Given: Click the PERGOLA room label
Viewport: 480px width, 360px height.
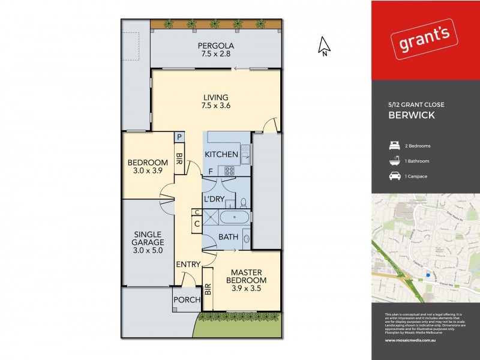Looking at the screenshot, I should (x=216, y=46).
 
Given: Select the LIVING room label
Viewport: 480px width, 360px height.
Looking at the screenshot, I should (x=216, y=98).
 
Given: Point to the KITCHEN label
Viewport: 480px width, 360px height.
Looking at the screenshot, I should (x=221, y=155).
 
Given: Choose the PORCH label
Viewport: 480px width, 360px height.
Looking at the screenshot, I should (x=186, y=300).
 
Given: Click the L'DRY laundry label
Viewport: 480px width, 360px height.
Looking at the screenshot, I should (x=214, y=199).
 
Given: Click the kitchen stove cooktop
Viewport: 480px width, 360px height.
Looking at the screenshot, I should (x=230, y=170).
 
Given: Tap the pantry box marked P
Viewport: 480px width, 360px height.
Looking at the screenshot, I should (x=179, y=137).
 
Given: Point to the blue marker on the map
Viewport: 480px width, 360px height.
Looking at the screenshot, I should (x=428, y=275).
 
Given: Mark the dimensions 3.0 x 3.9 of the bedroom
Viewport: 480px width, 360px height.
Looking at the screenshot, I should (x=147, y=171).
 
